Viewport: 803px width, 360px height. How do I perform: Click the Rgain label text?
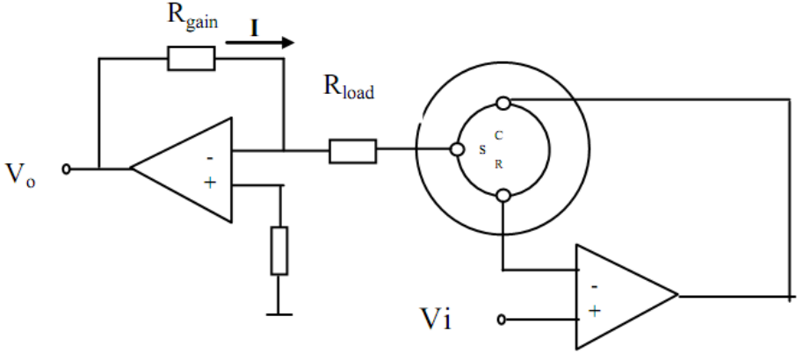192,18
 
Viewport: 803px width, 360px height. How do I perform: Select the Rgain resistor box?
192,58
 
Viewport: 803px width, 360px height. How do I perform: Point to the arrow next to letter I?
260,43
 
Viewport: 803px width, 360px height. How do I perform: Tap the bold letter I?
254,28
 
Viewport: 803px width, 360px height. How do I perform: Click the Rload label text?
349,86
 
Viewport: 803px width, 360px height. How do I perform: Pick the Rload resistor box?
353,151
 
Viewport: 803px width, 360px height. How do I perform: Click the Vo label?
20,174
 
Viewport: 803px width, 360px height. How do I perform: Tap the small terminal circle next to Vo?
66,169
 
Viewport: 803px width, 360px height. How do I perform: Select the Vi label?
436,319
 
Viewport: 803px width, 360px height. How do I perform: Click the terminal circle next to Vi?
502,320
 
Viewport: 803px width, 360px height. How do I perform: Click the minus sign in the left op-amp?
210,158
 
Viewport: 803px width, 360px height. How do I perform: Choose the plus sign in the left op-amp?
210,183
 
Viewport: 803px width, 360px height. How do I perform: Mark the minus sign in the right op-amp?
594,287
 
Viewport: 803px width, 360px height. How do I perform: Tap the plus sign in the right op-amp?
595,310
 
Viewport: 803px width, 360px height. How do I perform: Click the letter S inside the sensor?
482,150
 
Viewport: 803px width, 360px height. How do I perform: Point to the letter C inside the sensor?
499,136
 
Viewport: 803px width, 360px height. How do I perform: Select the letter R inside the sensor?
499,164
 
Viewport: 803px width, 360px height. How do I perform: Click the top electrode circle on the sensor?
504,104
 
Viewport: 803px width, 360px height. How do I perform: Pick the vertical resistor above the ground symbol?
279,251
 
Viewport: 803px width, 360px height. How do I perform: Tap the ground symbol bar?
279,314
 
